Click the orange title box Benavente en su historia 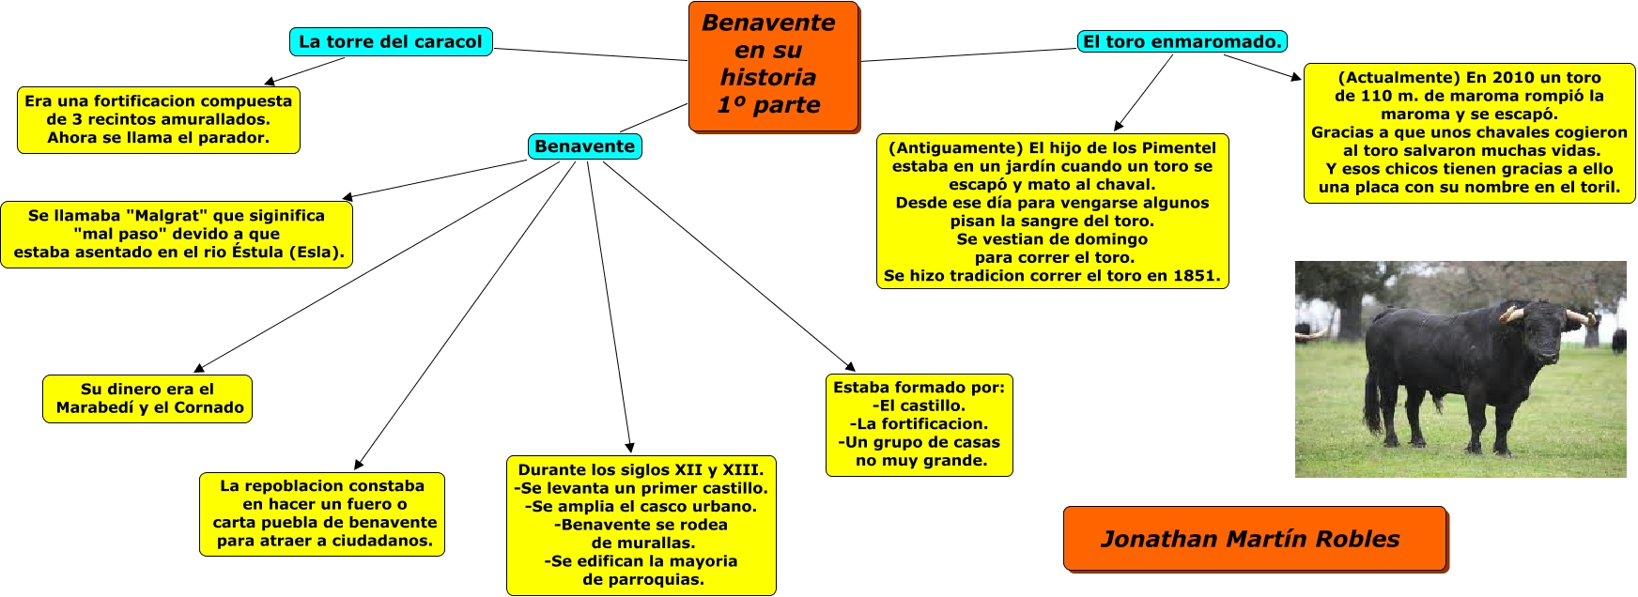click(773, 66)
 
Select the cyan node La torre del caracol click(390, 42)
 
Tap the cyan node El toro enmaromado click(1182, 41)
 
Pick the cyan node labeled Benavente click(584, 146)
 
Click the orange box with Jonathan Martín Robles click(1254, 539)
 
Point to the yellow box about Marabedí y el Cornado click(147, 399)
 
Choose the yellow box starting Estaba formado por click(919, 424)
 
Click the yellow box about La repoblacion click(322, 513)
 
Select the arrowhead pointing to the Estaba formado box click(850, 366)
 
